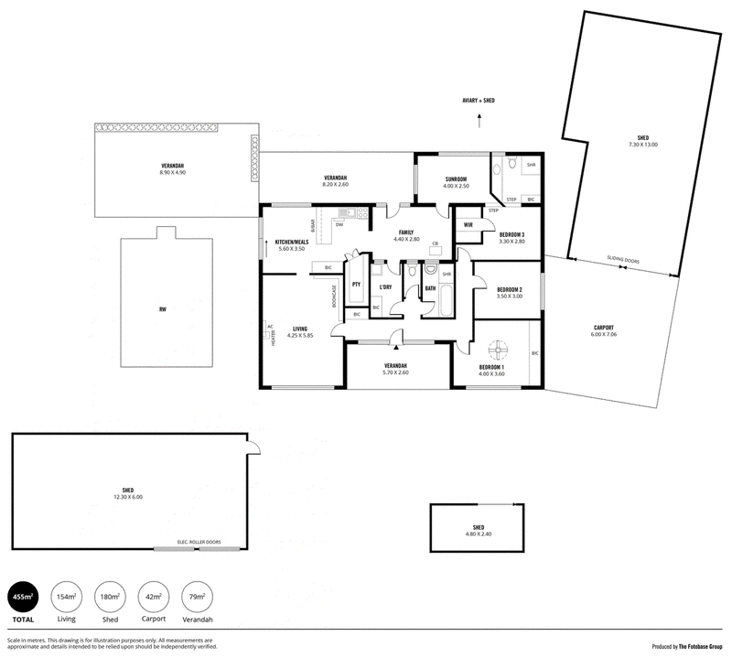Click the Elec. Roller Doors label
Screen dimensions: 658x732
[199, 541]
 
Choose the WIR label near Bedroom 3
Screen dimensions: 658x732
[468, 224]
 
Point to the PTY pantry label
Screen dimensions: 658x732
[356, 285]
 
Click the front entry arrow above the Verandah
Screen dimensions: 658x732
[396, 347]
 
